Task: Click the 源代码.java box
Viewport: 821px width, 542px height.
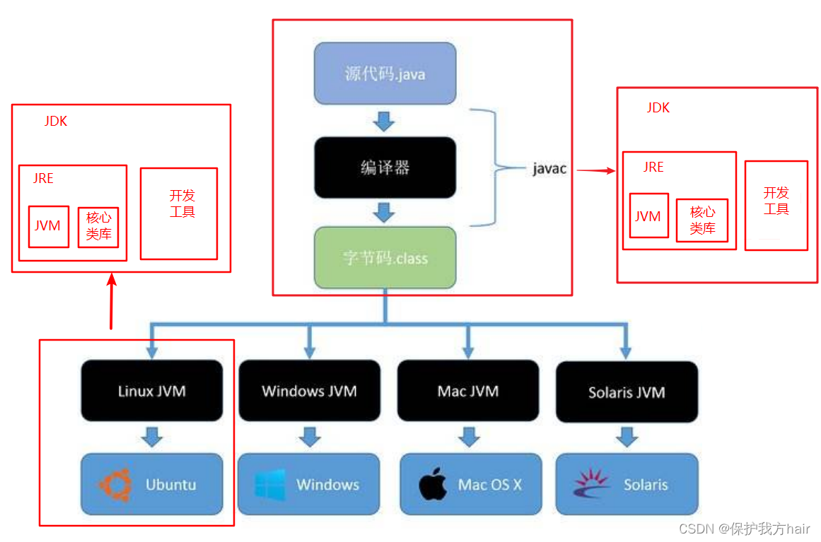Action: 385,73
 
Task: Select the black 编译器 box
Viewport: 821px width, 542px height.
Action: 385,167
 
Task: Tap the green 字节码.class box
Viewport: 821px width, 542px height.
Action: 385,257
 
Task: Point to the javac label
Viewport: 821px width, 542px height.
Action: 549,168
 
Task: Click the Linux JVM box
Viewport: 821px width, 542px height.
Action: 152,391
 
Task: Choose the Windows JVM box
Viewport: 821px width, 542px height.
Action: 310,391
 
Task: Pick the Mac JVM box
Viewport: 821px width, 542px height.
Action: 468,391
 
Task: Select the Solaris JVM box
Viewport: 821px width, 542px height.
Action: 627,392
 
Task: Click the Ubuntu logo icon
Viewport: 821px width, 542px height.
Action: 115,485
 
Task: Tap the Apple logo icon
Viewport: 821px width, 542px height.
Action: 433,485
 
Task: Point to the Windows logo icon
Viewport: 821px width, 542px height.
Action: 270,485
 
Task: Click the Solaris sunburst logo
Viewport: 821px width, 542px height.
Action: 591,483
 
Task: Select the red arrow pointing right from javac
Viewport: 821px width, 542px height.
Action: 596,170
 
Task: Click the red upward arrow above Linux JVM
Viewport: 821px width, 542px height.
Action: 112,301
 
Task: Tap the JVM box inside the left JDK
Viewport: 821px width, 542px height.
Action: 49,227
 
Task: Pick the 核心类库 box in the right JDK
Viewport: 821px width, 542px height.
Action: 702,220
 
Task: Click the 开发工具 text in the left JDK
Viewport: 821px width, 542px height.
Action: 182,204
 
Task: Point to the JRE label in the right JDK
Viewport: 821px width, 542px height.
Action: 653,167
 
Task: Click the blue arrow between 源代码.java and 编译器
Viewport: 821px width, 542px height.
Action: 384,121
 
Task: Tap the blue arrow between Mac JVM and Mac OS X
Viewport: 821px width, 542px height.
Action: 469,437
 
